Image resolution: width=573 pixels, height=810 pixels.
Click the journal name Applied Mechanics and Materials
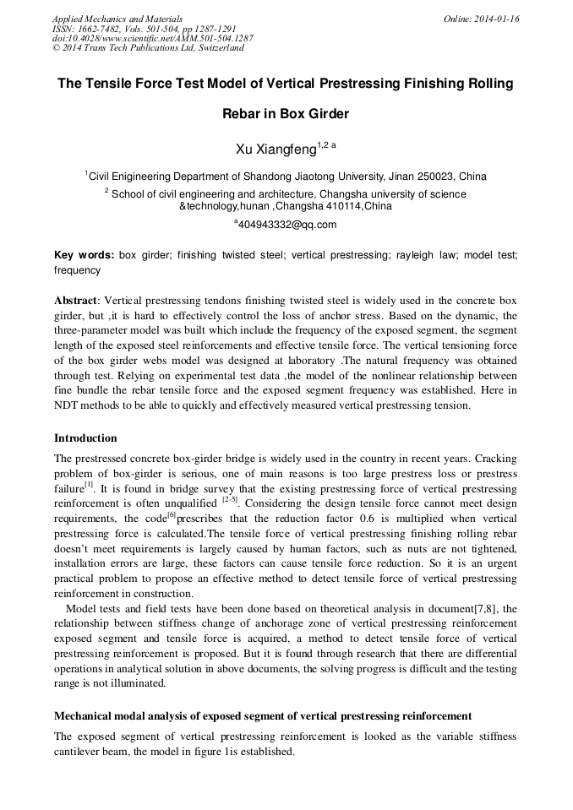click(117, 19)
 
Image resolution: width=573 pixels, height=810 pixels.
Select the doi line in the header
click(152, 38)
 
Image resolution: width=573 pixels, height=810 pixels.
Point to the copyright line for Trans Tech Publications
click(148, 48)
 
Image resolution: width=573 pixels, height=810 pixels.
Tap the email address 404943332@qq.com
click(287, 225)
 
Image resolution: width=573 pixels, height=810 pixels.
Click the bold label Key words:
click(84, 254)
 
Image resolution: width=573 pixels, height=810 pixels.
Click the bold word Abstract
click(75, 301)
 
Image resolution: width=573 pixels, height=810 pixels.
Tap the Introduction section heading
click(85, 438)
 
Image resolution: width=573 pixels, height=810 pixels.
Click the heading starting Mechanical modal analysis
click(263, 716)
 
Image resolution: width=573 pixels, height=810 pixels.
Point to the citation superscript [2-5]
click(230, 500)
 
